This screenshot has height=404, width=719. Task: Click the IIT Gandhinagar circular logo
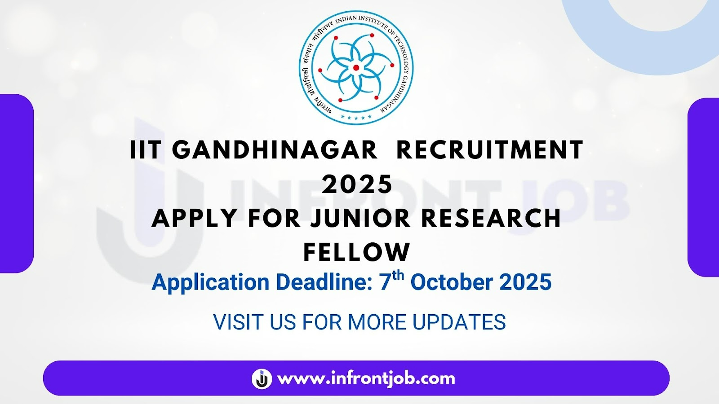pos(356,68)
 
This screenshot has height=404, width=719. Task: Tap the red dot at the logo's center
pos(356,68)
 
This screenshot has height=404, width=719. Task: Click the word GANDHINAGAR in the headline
pos(275,149)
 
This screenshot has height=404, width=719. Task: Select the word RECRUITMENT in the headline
pos(490,149)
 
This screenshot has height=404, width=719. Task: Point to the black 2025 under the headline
pos(357,184)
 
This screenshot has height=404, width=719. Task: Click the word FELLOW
pos(357,252)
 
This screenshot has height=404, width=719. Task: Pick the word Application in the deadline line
pos(210,283)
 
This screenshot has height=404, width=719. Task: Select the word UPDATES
pos(459,322)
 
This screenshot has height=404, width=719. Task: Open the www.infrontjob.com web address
pos(366,379)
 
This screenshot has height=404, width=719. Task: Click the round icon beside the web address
pos(262,379)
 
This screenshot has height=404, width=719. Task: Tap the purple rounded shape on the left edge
pos(17,184)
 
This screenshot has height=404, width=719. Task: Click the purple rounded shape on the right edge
pos(703,188)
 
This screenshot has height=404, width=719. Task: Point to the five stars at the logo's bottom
pos(356,117)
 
